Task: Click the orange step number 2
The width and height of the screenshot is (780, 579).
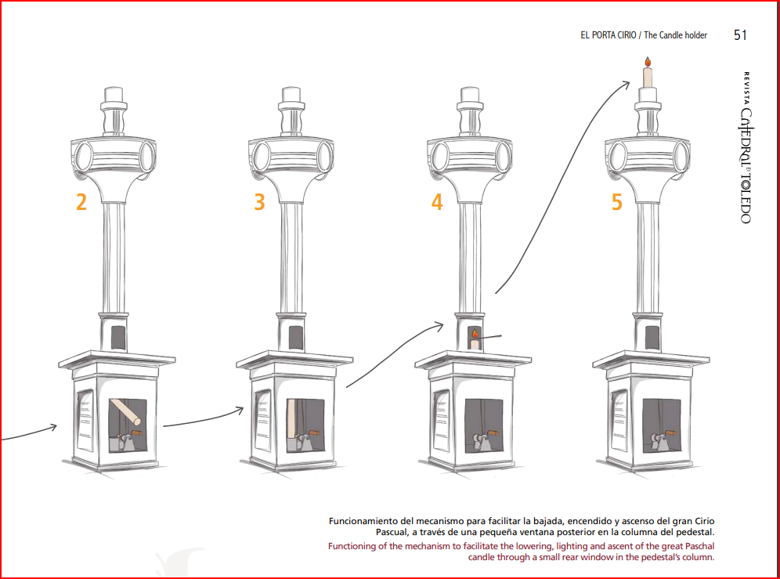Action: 81,201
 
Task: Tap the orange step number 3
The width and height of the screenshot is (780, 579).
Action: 259,201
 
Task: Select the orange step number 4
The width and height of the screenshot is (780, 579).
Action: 437,201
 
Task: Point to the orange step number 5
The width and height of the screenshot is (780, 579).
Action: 617,201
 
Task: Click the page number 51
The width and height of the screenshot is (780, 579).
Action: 740,34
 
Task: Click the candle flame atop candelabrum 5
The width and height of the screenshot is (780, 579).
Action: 648,62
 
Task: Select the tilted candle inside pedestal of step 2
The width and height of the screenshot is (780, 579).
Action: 125,411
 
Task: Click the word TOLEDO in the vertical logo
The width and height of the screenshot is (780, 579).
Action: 746,198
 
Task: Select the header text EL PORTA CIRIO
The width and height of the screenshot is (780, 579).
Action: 608,35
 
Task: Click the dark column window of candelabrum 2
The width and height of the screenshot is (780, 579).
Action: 118,337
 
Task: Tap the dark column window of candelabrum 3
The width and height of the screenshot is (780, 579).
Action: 295,337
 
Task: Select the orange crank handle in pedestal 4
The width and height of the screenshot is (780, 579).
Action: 492,433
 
